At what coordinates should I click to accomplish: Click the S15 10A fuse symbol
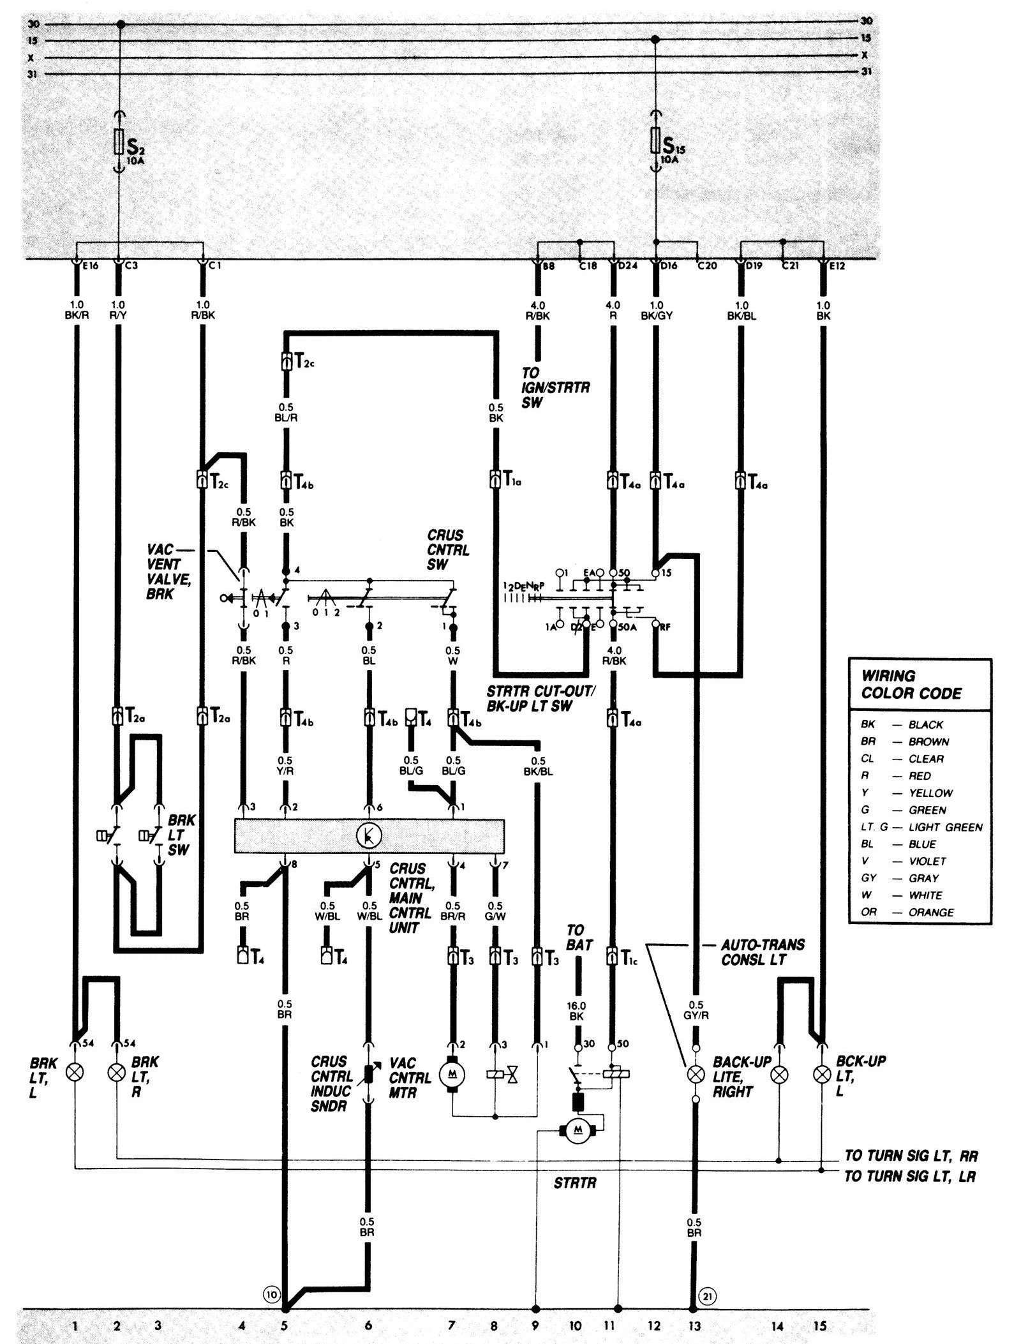coord(655,142)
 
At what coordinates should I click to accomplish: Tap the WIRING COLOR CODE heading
coord(911,684)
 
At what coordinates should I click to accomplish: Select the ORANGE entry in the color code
coord(930,913)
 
